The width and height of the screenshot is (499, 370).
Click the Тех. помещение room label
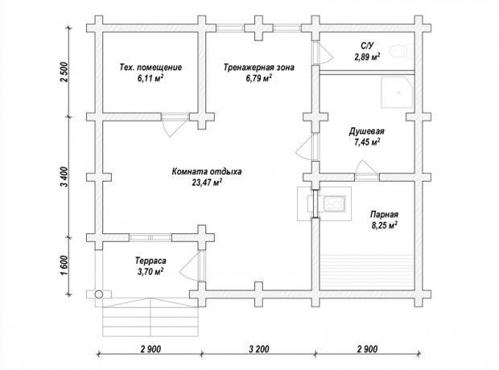pos(151,68)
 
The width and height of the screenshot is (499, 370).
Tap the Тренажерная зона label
pos(258,68)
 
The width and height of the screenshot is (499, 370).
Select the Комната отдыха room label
pos(207,171)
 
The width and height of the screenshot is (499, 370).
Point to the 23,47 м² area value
pos(207,183)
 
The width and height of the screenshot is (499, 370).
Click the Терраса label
pos(151,261)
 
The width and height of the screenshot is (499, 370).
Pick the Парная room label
pos(384,215)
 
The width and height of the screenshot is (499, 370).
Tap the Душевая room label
pos(367,131)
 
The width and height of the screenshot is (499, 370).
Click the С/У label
pos(367,46)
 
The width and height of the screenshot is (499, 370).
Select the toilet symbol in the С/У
pos(402,51)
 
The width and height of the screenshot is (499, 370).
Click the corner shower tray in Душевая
pos(398,92)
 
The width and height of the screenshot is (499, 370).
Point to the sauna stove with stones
pos(334,203)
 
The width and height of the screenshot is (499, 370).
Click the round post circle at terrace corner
pos(99,294)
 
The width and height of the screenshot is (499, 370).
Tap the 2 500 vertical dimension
pos(64,72)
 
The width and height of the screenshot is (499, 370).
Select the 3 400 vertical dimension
pos(64,177)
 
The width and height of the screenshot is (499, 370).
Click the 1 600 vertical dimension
pos(64,266)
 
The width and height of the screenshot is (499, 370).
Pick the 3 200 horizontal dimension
pos(258,349)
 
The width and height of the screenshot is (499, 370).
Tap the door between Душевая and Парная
pos(366,170)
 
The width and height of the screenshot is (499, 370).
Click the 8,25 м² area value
pos(384,225)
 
